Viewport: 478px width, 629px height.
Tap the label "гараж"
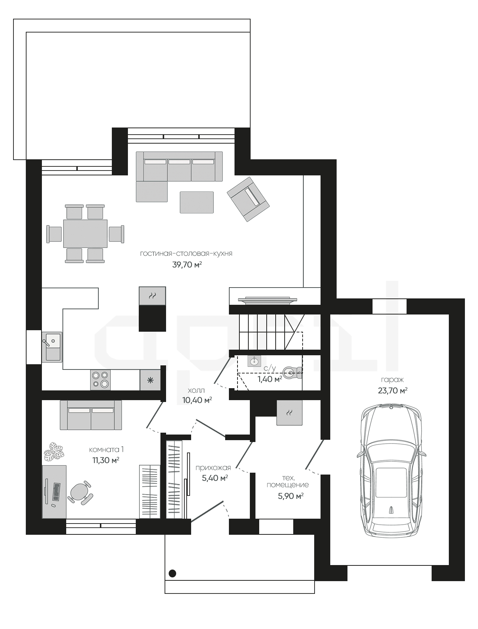[x=392, y=380]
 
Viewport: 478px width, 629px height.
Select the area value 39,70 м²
[x=187, y=265]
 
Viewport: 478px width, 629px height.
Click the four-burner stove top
[x=101, y=380]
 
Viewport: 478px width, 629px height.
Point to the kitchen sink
[x=52, y=347]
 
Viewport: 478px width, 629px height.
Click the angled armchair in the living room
[x=248, y=199]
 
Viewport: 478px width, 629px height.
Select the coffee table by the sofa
[x=197, y=202]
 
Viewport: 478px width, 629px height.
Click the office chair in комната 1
[x=80, y=493]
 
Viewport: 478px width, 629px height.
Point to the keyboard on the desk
[x=56, y=492]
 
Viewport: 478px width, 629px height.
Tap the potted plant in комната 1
[x=55, y=451]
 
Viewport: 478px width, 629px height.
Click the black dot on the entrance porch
[x=172, y=573]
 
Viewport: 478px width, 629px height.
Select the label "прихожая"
[x=213, y=467]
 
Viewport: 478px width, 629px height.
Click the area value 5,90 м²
[x=291, y=496]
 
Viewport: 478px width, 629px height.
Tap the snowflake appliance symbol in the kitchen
[x=150, y=380]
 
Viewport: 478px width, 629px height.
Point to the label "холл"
[x=196, y=390]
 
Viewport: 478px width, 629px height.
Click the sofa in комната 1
[x=91, y=415]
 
